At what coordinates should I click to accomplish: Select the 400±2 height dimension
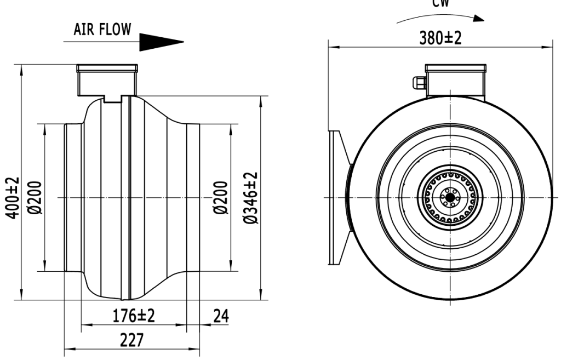[12, 198]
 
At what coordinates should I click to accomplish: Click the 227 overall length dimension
[132, 341]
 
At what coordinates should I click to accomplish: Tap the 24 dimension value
[221, 316]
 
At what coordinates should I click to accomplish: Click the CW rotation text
[440, 3]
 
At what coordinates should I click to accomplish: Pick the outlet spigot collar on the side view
[192, 198]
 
